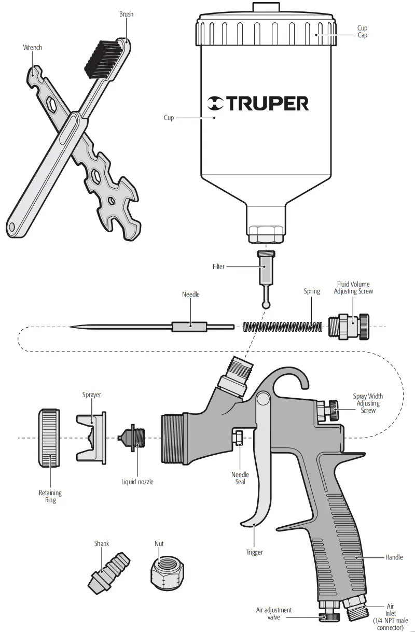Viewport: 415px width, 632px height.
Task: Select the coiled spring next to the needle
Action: (283, 327)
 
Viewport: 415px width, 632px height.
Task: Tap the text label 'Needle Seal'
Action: (240, 478)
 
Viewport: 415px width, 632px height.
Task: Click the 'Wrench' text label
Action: (32, 48)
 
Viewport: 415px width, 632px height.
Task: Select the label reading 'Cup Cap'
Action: (362, 32)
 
